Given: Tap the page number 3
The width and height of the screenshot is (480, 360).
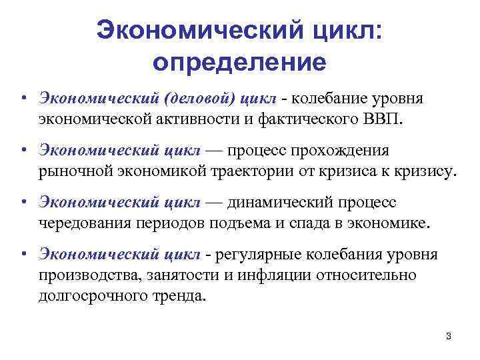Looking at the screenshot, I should coord(449,337).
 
